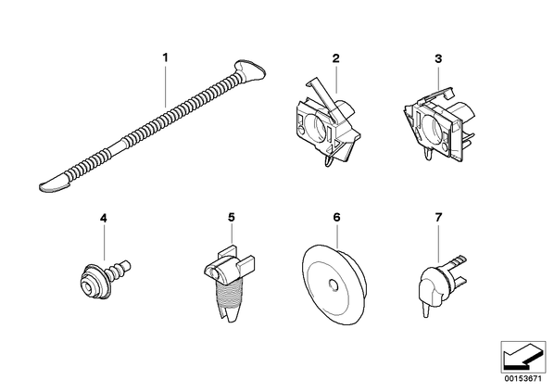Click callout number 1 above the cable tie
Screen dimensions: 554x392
point(165,57)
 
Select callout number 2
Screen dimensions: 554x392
point(335,58)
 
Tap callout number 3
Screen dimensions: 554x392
point(438,58)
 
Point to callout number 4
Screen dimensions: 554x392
point(104,218)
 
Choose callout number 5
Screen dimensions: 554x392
point(231,218)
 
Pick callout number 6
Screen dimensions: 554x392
point(336,218)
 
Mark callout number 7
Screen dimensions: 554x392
point(438,218)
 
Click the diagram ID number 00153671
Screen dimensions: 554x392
point(523,379)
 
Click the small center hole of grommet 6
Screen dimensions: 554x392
point(333,285)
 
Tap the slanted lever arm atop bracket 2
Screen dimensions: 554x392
point(322,98)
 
